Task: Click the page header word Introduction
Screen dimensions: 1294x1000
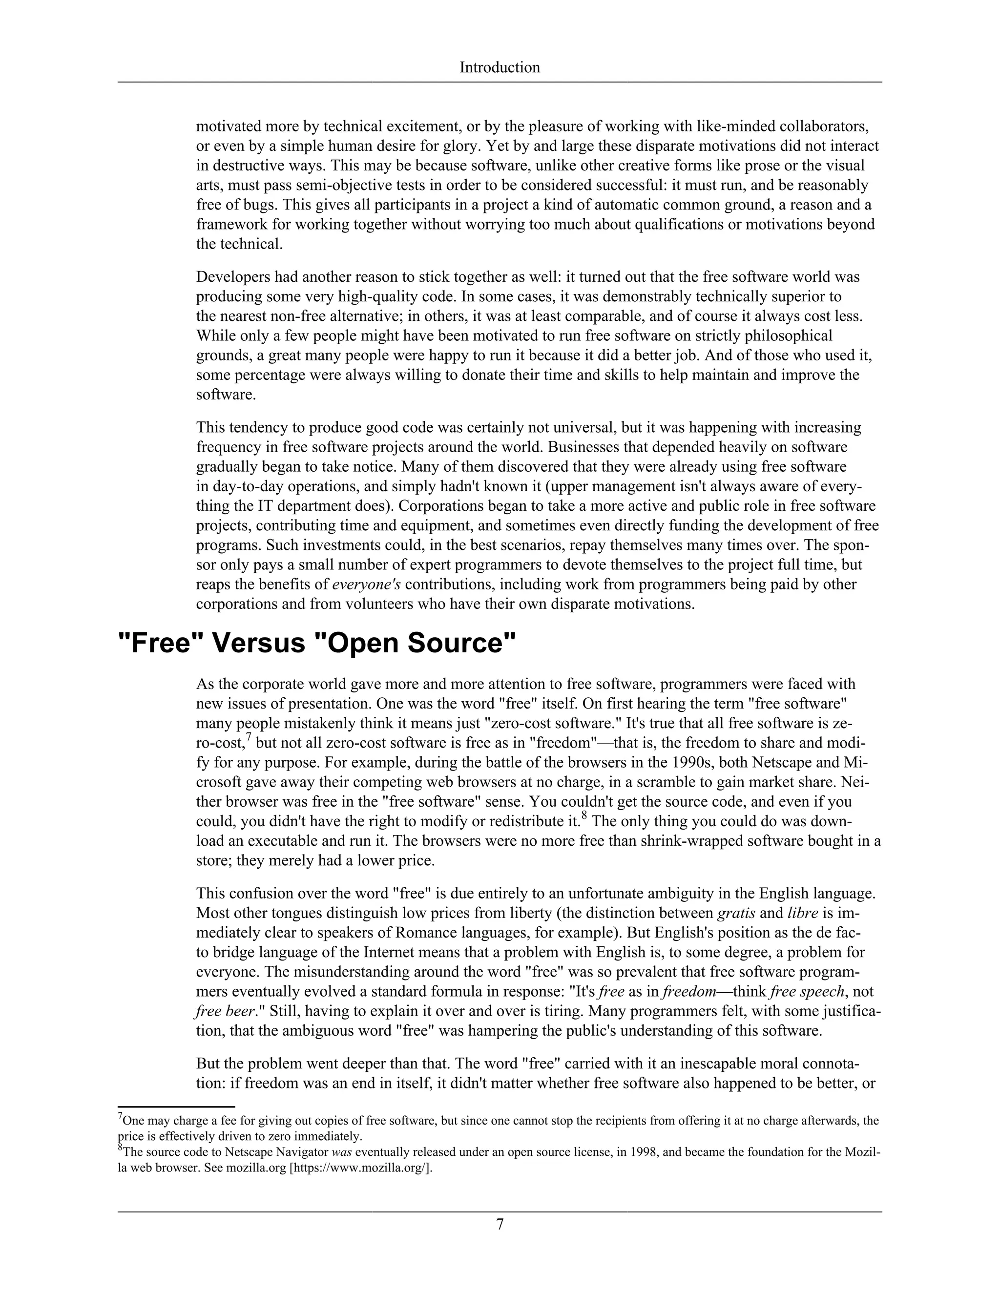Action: pyautogui.click(x=500, y=67)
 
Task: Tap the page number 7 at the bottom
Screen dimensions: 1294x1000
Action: pyautogui.click(x=500, y=1224)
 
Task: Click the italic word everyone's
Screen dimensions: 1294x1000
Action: pyautogui.click(x=366, y=585)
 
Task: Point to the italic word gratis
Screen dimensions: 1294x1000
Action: pyautogui.click(x=735, y=913)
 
